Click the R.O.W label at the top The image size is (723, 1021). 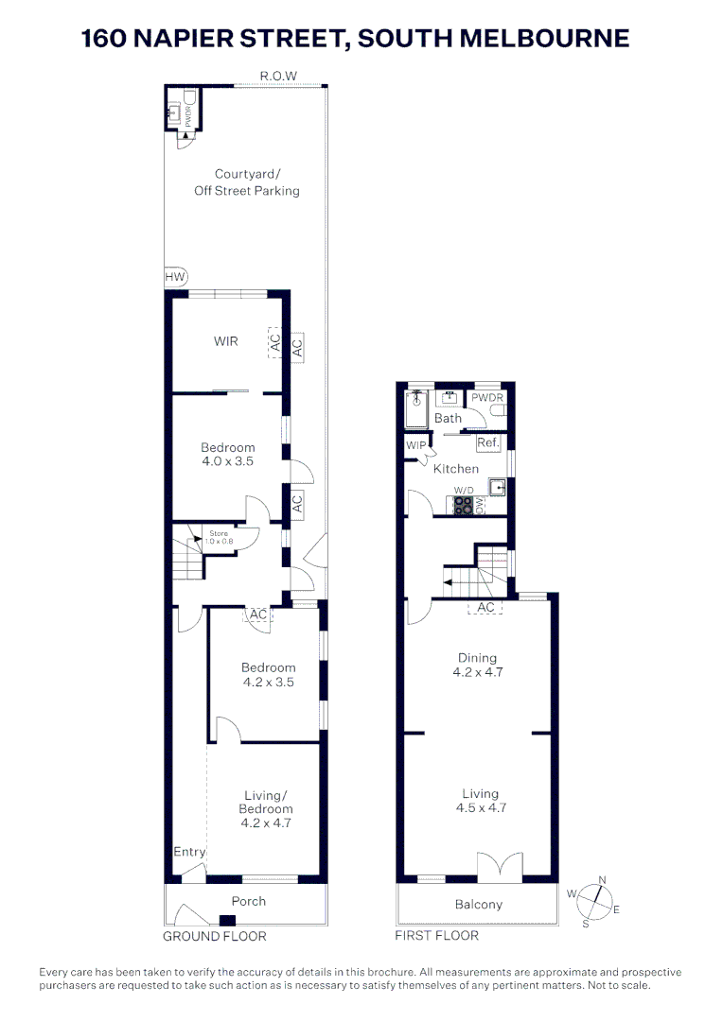tap(278, 76)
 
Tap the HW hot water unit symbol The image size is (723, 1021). tap(175, 276)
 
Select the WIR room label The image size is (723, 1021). tap(225, 340)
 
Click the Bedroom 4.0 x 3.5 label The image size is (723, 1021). tap(227, 455)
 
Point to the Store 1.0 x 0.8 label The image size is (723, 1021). tap(219, 538)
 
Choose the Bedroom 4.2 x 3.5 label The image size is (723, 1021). tap(268, 674)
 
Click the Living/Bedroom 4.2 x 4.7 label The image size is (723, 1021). tap(265, 809)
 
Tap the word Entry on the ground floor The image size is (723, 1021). tap(189, 852)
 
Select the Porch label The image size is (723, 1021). tap(249, 901)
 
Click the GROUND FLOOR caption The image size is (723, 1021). tap(215, 936)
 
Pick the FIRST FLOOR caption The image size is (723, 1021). tap(436, 936)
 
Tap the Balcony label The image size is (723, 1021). tap(478, 905)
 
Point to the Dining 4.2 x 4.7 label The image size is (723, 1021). tap(477, 666)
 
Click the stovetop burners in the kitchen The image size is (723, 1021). tap(463, 506)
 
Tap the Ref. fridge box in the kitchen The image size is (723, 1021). tap(488, 442)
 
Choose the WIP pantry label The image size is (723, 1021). tap(415, 445)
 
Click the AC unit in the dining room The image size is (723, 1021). tap(486, 607)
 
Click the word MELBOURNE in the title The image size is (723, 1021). tap(536, 38)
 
